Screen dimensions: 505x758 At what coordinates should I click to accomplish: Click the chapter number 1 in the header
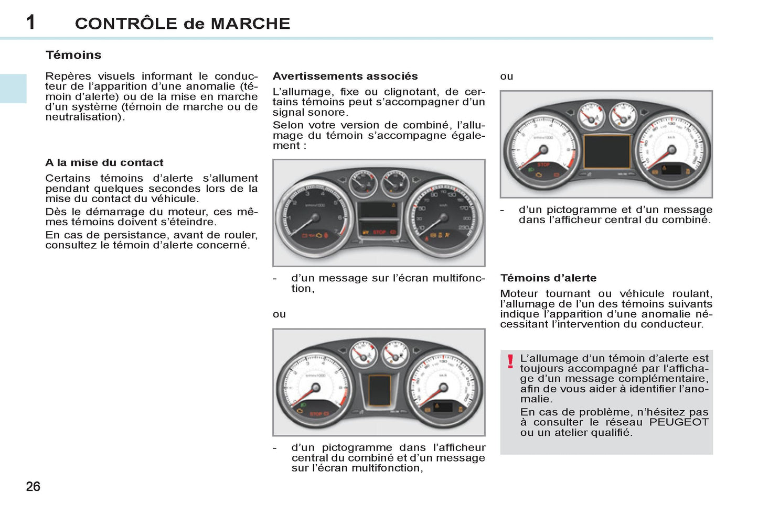[31, 22]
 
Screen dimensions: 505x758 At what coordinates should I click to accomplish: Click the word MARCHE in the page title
[250, 24]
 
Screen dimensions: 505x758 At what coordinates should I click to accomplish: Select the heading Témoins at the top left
[73, 55]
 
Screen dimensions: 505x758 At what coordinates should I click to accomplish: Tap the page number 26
[33, 487]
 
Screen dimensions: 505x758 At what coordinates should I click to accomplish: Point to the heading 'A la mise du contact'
[104, 163]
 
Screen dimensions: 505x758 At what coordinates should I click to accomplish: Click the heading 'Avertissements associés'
[345, 76]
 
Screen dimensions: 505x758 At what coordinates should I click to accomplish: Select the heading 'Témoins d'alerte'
[548, 278]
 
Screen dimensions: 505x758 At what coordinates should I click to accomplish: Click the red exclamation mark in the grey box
[510, 361]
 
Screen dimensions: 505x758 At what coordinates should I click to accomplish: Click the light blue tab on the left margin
[13, 89]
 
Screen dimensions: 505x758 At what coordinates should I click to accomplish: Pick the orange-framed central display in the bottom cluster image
[379, 390]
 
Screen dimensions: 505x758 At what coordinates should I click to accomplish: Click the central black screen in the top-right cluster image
[607, 152]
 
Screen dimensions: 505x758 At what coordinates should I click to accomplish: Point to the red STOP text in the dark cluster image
[379, 232]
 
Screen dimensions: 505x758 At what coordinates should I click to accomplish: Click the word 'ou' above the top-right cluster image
[506, 76]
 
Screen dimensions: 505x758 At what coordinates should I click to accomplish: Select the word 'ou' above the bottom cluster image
[279, 314]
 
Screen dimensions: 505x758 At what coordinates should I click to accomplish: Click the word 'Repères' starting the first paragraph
[68, 76]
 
